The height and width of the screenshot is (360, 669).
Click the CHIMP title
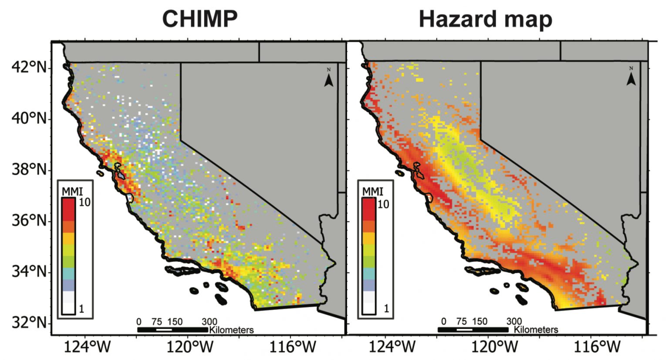(200, 19)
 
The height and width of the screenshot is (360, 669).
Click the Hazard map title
(485, 19)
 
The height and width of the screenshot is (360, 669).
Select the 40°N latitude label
(29, 119)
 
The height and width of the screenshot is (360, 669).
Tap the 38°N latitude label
(29, 170)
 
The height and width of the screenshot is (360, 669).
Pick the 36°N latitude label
(29, 221)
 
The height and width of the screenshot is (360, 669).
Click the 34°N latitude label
(29, 272)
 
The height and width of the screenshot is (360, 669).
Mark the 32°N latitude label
(29, 323)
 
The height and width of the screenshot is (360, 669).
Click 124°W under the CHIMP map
(88, 347)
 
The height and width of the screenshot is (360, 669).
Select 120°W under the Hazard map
(493, 347)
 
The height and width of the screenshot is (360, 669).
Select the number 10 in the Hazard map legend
(383, 204)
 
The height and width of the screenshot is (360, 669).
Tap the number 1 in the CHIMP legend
(81, 309)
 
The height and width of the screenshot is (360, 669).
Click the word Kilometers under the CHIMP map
(231, 330)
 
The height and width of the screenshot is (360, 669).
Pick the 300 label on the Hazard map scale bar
(514, 322)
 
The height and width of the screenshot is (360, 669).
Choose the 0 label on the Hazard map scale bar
(443, 322)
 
